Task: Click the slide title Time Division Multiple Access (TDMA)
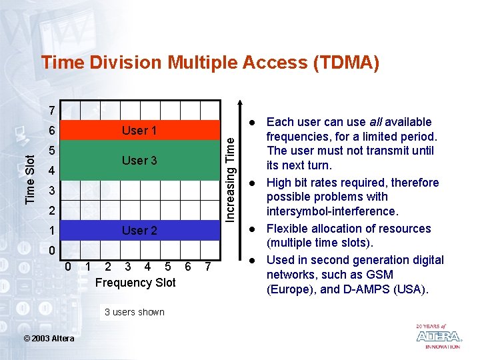tap(210, 63)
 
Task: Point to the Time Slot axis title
tap(31, 179)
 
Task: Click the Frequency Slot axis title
tap(135, 283)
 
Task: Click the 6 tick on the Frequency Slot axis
tap(188, 267)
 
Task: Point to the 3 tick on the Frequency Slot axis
tap(127, 267)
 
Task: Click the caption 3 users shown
tap(135, 312)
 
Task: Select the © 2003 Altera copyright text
tap(49, 339)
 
